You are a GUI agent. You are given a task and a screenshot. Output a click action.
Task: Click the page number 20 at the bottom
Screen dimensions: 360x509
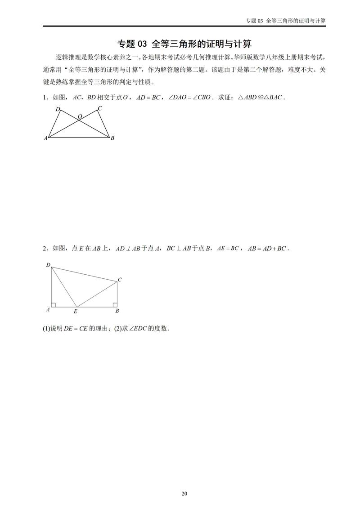(184, 494)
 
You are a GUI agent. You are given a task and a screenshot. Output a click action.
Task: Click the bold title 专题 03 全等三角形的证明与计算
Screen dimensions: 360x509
(184, 44)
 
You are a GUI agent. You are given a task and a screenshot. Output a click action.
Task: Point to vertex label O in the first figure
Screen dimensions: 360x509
(80, 117)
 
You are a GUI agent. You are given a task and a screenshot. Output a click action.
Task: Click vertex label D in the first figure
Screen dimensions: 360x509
(58, 109)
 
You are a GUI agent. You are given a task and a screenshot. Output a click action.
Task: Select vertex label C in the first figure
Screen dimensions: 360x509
(99, 108)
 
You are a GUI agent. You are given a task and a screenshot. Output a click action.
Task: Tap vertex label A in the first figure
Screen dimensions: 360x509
(45, 138)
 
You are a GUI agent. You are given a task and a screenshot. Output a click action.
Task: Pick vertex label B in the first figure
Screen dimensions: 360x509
(112, 138)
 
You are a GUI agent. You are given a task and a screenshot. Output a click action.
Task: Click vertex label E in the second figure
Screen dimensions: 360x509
(75, 311)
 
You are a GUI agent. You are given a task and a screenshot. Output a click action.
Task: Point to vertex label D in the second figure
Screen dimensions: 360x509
(48, 265)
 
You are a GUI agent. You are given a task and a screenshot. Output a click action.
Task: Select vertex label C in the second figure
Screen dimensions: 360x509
(120, 280)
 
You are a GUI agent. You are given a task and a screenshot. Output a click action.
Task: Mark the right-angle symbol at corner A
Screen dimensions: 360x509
(54, 305)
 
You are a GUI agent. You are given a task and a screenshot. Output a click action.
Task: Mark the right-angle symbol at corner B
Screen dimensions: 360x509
(115, 305)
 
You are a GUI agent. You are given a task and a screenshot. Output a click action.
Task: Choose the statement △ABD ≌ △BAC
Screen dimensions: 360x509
(261, 97)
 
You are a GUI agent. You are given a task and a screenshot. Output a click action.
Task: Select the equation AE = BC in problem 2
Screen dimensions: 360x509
(228, 248)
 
